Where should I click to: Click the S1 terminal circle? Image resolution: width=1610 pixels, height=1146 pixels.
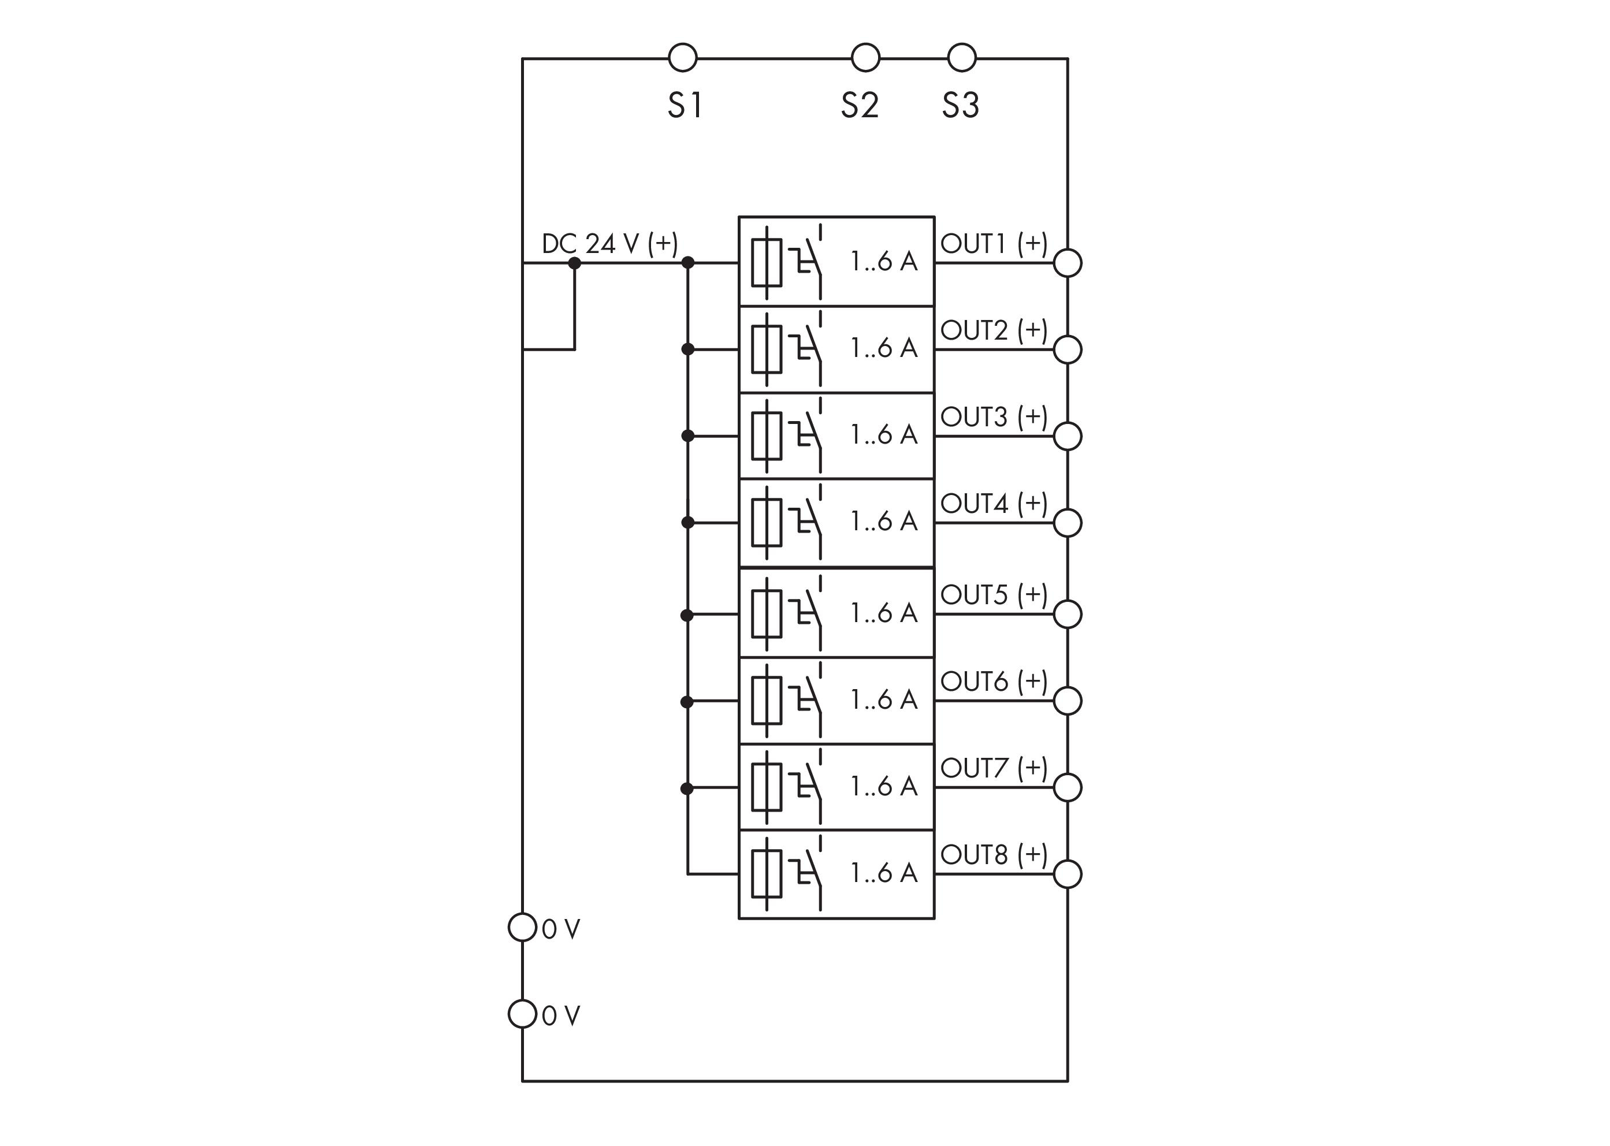[682, 57]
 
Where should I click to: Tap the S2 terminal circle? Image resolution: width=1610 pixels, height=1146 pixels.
[865, 57]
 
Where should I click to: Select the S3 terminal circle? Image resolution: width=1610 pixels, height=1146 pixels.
[961, 57]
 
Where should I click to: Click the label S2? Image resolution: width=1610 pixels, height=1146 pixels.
[859, 106]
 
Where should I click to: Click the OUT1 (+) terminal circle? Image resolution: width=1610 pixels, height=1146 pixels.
[1067, 263]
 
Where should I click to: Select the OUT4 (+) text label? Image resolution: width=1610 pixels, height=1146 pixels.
[994, 504]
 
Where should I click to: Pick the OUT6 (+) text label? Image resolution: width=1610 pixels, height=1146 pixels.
[994, 682]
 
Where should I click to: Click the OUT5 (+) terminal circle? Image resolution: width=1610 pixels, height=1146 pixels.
[1067, 614]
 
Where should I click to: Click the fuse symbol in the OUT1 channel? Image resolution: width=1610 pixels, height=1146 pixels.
[767, 262]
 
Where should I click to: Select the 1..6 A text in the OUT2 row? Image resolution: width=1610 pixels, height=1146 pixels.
[884, 348]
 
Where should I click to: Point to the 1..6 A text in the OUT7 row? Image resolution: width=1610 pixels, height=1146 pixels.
[884, 786]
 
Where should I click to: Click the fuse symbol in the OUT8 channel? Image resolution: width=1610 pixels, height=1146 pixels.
[767, 873]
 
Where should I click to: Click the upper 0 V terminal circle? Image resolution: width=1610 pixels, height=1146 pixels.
[522, 927]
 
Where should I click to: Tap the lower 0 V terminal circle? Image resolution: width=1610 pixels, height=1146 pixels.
[522, 1014]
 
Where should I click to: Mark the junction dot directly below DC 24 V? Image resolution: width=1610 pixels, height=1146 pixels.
[575, 263]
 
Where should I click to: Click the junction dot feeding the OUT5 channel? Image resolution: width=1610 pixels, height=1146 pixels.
[687, 615]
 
